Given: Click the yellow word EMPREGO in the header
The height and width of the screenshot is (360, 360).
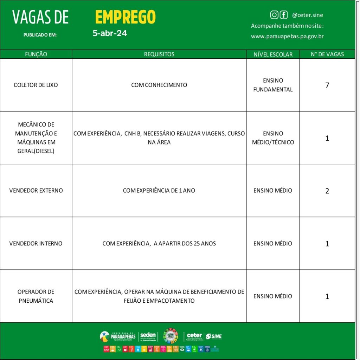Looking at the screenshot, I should point(125,17).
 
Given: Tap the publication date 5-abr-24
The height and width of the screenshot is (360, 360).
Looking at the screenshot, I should point(110,33).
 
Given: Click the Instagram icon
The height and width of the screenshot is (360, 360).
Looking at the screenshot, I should point(274,15).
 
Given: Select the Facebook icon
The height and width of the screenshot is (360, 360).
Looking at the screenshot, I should point(283,15).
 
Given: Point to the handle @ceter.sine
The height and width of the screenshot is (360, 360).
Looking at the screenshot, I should point(307,15).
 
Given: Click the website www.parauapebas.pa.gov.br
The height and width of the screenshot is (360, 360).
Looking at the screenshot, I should point(287,36).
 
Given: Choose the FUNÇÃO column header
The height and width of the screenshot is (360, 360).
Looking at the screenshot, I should point(36,54).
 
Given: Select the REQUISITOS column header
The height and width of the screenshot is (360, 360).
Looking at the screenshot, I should point(159,54).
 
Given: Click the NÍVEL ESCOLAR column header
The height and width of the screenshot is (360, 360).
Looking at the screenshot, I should point(273,54).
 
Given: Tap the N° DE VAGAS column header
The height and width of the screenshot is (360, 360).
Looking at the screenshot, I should point(327,54).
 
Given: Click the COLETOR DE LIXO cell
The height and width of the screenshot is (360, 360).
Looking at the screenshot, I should point(36,85).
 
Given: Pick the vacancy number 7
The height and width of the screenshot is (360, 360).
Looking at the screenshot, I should point(327,85).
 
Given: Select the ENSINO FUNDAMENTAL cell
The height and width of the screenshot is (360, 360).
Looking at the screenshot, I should point(273,85).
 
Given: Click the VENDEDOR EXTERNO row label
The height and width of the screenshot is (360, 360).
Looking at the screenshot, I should point(36,191).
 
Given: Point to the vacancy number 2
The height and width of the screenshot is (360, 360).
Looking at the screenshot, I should point(327,191).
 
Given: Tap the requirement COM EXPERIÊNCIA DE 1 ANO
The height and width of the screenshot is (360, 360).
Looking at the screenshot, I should point(159,191).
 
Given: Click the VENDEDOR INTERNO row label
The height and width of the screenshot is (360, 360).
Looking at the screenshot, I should point(36,243).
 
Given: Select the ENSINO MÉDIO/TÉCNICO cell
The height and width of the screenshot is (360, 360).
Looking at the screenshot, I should point(273,138).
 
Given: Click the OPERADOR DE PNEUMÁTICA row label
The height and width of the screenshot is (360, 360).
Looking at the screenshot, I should point(36,296).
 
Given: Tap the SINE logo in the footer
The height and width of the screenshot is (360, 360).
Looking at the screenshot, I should point(214,336).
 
